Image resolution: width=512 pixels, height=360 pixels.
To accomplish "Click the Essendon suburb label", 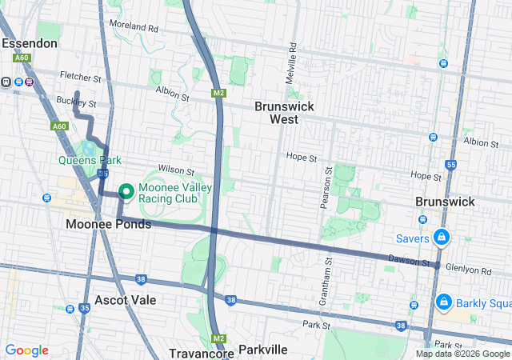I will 30,42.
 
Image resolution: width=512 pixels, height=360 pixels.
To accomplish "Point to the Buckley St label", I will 80,104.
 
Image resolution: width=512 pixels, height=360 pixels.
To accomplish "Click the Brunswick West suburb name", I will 283,113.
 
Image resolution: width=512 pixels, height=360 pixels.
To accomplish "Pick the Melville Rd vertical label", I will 293,59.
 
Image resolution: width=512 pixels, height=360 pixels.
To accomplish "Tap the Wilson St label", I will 176,170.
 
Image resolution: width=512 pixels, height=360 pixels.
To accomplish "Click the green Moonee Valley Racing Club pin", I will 126,192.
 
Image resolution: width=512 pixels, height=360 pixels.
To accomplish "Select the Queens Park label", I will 89,159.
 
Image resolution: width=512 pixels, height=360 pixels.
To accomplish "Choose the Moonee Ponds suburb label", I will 109,224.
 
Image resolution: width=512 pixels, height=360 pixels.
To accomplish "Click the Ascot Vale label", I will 125,300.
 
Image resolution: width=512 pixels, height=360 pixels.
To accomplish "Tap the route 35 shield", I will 85,308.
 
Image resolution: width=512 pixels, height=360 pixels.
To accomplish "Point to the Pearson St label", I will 326,188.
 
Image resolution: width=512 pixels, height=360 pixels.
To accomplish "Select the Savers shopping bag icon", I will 441,238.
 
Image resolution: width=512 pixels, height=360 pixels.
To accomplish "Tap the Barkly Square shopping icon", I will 442,302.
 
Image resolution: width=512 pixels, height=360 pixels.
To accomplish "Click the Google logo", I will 26,350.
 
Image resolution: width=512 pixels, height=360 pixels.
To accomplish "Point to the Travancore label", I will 200,353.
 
